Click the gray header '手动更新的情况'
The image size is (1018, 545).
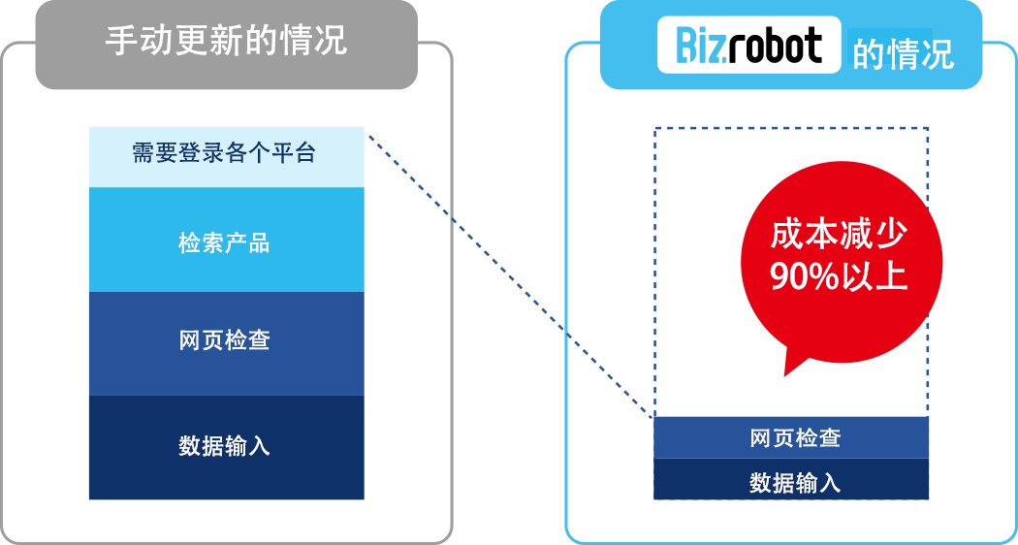(226, 44)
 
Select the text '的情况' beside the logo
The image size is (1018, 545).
(903, 53)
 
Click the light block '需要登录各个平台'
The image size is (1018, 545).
(226, 153)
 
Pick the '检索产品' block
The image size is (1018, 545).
(226, 242)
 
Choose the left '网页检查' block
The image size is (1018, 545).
(226, 341)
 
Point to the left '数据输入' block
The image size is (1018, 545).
(226, 446)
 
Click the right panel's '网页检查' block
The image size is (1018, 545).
(791, 437)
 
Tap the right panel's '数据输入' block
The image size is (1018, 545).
(791, 482)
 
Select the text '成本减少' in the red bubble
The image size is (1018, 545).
(839, 234)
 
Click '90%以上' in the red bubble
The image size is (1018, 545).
(839, 276)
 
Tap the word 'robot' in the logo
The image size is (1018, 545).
(775, 47)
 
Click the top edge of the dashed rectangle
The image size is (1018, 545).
(791, 128)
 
